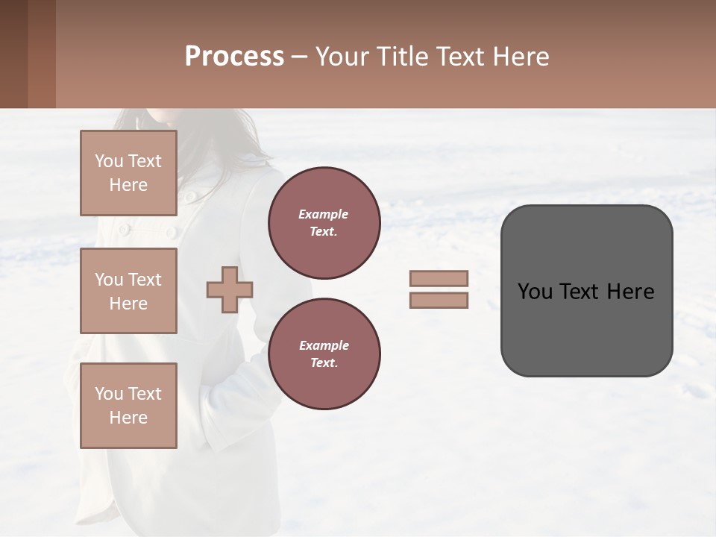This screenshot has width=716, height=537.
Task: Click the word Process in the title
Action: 234,57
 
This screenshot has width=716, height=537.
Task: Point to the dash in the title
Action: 299,57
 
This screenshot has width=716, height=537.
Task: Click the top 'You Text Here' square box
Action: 128,173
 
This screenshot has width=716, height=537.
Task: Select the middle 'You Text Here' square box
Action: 128,291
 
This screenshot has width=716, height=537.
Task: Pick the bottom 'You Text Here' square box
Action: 128,406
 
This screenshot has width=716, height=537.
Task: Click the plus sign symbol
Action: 230,289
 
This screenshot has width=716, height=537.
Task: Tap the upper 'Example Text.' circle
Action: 324,223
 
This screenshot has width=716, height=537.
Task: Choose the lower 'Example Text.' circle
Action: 324,354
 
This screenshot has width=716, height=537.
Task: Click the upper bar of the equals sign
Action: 439,279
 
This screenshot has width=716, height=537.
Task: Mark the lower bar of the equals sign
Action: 439,301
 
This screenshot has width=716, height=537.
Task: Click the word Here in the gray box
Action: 630,292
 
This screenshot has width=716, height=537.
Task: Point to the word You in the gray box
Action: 536,292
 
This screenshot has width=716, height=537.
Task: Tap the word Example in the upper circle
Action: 324,214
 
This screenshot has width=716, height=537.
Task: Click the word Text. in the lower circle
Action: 324,363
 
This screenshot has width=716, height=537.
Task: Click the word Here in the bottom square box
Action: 128,418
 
